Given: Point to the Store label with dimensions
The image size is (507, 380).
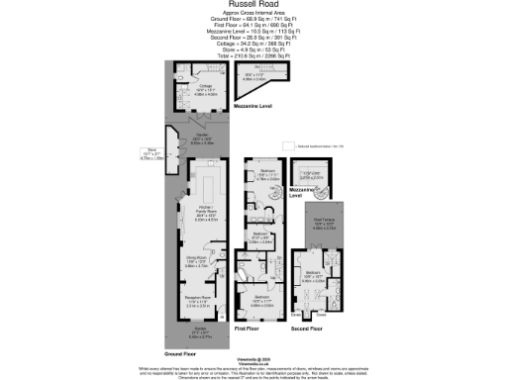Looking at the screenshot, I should pos(152,153).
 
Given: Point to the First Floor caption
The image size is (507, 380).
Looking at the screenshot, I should pos(247,326).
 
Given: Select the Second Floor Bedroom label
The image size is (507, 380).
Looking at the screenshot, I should pos(315,276).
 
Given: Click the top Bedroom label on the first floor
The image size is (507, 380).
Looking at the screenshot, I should pos(267,173).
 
